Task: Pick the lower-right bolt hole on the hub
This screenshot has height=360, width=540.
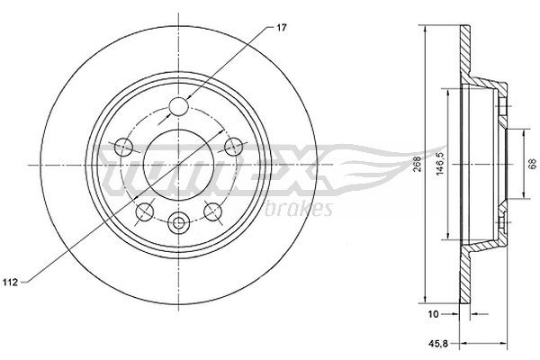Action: pyautogui.click(x=213, y=211)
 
